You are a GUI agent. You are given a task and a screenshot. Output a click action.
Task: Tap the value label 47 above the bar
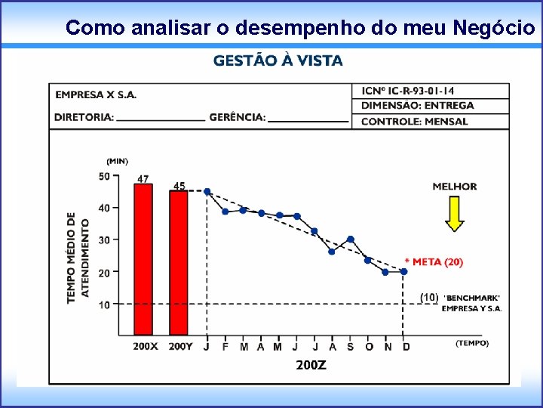coord(143,179)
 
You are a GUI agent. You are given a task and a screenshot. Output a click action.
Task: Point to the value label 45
coord(179,185)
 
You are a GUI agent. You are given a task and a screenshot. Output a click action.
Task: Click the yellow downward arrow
coord(453,214)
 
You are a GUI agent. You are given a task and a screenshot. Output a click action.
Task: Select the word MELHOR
coord(454,186)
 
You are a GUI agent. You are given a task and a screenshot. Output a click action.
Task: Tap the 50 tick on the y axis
coord(103,176)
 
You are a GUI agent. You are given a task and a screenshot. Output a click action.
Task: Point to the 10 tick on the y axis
coord(103,304)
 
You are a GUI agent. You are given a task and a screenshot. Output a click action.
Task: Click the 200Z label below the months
coord(311,365)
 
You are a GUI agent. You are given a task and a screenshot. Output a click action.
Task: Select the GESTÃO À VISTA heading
coord(278,60)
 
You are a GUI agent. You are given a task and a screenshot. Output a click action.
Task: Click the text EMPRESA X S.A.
coord(96,94)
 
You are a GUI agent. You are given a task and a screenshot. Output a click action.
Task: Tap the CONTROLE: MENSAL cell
coord(414,121)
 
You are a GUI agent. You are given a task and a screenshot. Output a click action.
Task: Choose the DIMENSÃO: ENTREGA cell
coord(418,106)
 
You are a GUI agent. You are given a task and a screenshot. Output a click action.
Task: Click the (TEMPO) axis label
coord(472,343)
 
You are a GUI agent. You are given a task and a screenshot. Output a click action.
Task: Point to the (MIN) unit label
coord(117,161)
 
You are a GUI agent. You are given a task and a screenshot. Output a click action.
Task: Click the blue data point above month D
coord(404,271)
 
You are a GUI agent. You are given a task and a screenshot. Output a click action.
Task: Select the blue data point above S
coord(350,240)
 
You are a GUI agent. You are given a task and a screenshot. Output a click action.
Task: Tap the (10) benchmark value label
coord(428,297)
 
